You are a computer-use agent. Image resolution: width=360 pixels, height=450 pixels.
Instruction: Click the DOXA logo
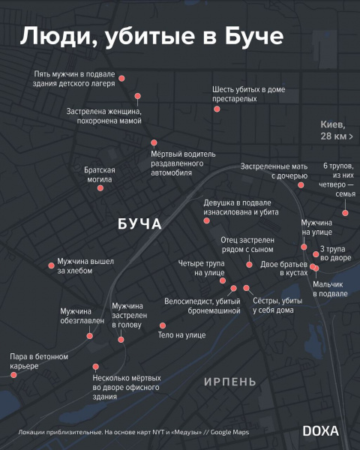pos(320,430)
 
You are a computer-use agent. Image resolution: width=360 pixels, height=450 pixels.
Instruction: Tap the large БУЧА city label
pos(140,224)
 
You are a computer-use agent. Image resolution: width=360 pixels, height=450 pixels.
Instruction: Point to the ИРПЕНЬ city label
pos(230,382)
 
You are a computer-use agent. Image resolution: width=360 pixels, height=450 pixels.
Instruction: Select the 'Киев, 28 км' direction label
pos(333,130)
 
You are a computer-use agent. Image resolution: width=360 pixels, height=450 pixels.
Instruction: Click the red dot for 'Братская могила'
pos(102,193)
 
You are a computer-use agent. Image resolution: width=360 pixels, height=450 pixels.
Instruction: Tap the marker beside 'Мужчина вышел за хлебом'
pos(51,265)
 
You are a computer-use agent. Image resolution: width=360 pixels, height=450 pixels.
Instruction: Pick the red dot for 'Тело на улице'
pos(162,325)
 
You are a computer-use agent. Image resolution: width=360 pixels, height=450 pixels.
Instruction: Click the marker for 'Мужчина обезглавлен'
pos(90,336)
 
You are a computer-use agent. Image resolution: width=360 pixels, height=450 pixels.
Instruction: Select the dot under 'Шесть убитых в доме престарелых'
pos(217,109)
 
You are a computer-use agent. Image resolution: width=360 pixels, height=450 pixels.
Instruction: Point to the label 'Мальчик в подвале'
pos(330,289)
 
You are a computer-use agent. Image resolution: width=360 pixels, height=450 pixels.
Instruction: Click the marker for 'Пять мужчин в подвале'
pos(122,78)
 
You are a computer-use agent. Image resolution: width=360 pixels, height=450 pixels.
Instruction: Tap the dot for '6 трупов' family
pos(344,213)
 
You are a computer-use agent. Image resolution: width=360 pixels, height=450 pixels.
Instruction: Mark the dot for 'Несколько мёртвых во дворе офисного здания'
pos(95,367)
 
